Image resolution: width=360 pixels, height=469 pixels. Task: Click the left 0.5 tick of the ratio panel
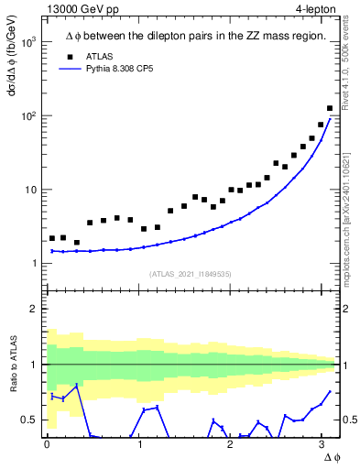tap(27, 420)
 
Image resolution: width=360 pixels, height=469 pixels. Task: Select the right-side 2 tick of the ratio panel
tap(349, 309)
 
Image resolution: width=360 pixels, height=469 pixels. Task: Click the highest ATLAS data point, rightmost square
tap(330, 109)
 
